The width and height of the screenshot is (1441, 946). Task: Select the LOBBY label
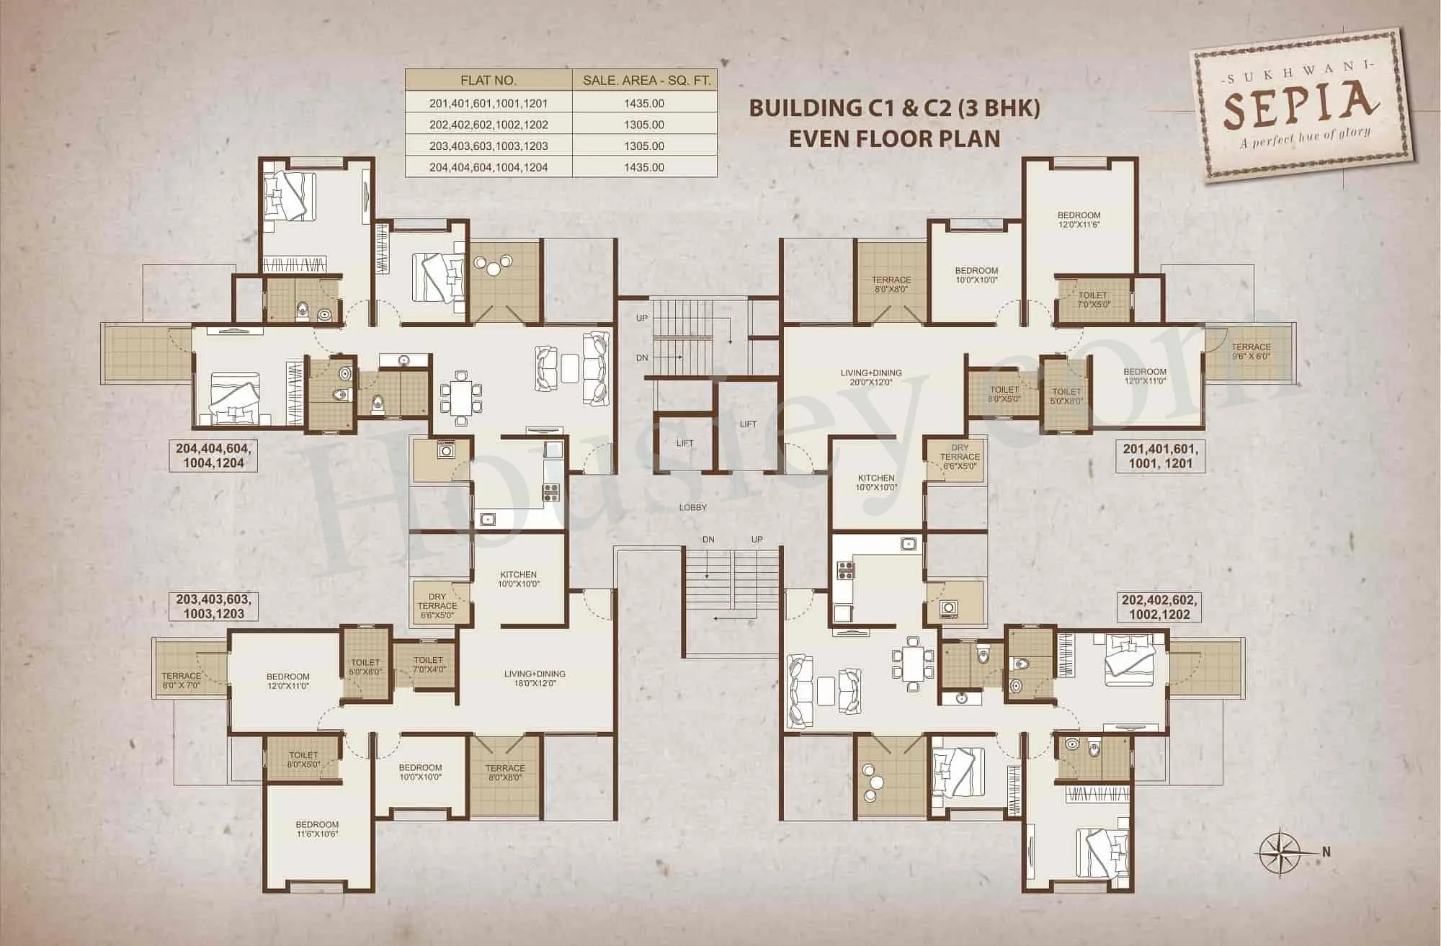click(692, 507)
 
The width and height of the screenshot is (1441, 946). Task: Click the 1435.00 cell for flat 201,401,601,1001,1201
click(644, 104)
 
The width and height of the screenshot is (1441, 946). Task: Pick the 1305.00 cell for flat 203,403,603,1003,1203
click(644, 146)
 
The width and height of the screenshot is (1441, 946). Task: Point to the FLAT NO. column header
click(488, 81)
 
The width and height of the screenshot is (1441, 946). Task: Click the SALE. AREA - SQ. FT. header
click(646, 81)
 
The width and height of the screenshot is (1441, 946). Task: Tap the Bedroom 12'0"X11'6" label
click(1079, 220)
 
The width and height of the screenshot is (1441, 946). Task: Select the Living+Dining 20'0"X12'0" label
click(870, 378)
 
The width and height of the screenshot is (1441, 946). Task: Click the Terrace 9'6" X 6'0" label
click(1251, 352)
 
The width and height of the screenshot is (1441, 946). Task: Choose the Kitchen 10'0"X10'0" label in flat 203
click(519, 579)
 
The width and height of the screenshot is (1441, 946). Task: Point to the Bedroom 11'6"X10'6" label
click(316, 829)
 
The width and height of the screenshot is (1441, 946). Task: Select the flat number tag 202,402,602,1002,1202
click(1159, 606)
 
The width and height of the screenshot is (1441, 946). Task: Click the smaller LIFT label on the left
click(684, 443)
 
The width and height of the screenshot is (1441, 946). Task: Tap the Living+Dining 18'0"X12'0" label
click(535, 678)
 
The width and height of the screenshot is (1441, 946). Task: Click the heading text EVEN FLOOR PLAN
click(894, 138)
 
